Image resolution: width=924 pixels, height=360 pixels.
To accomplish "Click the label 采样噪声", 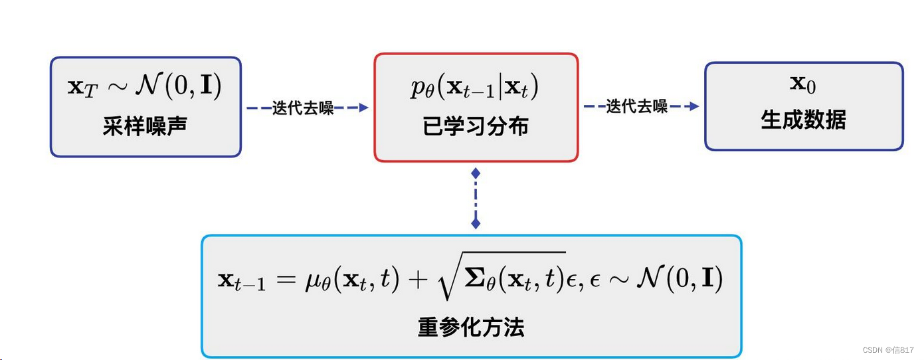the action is tap(145, 126).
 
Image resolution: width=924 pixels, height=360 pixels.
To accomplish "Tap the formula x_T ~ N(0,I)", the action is tap(145, 87).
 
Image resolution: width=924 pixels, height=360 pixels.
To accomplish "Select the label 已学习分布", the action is tap(476, 126).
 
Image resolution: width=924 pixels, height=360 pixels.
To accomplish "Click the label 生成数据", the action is tap(803, 121).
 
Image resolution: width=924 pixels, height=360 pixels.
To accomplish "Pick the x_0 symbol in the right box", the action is tap(802, 84).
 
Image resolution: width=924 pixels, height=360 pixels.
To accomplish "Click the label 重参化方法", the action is tap(471, 327).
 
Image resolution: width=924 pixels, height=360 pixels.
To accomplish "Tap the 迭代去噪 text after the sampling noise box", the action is tap(303, 108).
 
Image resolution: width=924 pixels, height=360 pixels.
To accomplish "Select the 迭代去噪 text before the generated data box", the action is tap(637, 106).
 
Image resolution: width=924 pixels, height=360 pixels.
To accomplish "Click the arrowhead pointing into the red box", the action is tap(363, 108).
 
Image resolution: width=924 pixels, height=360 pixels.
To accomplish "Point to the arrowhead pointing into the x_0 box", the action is tap(694, 106).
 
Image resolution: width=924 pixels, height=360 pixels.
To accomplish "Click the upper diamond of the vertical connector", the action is tap(476, 173).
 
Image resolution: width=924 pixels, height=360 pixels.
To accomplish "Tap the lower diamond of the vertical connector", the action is tap(476, 223).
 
